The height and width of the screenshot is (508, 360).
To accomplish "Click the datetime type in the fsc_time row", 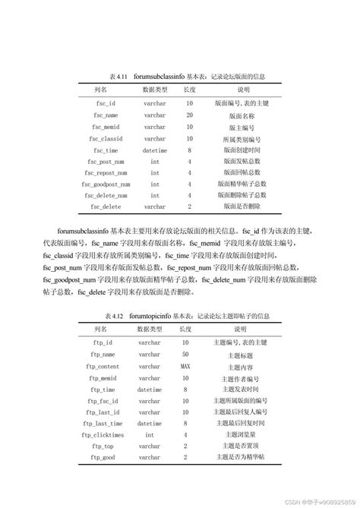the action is click(154, 150).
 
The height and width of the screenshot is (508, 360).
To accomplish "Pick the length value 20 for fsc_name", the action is click(189, 115).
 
